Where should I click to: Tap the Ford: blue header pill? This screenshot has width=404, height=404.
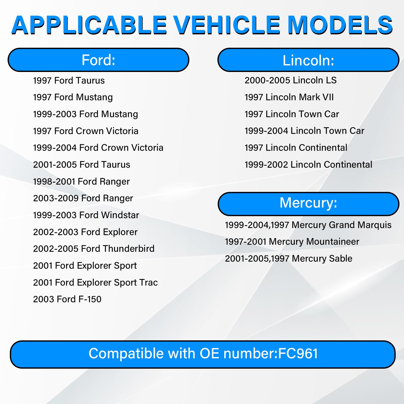(x=98, y=60)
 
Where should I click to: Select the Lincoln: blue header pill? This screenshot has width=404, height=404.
(x=308, y=60)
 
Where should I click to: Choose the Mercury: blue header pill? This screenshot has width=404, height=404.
(x=308, y=204)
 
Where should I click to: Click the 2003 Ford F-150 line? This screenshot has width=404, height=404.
(x=67, y=299)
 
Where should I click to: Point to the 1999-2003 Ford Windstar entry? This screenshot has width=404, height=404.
(x=86, y=215)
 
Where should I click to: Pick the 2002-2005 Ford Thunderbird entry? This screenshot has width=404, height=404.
(x=94, y=249)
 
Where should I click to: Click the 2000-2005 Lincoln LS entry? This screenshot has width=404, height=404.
(x=291, y=80)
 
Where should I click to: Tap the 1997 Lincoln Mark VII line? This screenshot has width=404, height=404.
(x=289, y=97)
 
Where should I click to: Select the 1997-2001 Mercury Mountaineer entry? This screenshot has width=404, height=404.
(x=292, y=242)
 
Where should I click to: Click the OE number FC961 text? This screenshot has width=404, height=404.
(x=298, y=353)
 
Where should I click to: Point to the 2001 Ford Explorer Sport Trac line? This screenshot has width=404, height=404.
(x=95, y=283)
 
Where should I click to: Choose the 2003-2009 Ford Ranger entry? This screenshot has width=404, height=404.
(x=83, y=198)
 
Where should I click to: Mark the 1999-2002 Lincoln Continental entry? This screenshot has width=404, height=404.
(x=308, y=165)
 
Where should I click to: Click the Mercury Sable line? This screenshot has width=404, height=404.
(x=289, y=259)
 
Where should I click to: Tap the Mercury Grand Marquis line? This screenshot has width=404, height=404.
(x=308, y=225)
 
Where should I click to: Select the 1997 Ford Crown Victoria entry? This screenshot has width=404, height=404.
(x=86, y=131)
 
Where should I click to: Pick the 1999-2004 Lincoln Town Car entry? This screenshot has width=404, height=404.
(x=305, y=131)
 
